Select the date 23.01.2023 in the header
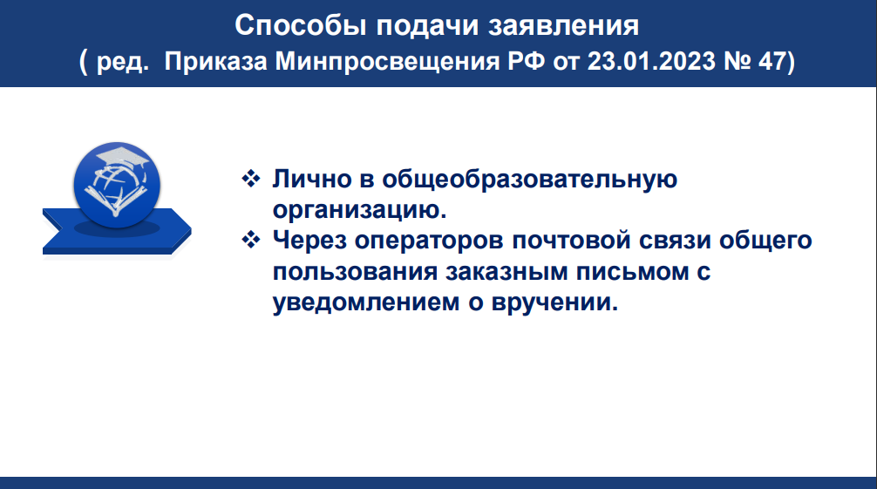pyautogui.click(x=651, y=61)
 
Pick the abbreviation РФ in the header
pyautogui.click(x=526, y=61)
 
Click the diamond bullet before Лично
pyautogui.click(x=251, y=179)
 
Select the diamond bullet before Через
pyautogui.click(x=251, y=240)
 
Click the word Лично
pyautogui.click(x=312, y=180)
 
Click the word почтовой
pyautogui.click(x=571, y=241)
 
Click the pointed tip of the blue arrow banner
pyautogui.click(x=191, y=230)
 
